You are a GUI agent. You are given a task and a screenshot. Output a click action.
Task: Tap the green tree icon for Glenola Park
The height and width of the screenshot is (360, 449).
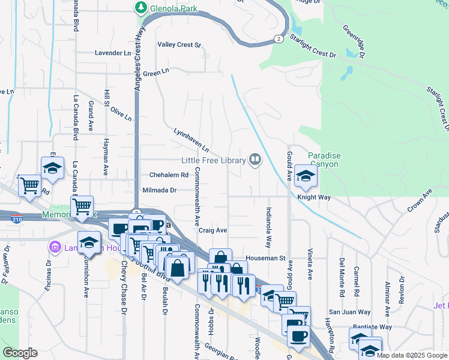click(141, 8)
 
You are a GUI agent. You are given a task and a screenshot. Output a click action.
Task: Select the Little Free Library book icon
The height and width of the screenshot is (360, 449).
click(255, 160)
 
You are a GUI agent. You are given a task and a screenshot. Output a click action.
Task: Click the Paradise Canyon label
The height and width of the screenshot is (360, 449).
click(324, 160)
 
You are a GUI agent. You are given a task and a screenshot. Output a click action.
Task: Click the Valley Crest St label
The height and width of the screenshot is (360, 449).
click(178, 45)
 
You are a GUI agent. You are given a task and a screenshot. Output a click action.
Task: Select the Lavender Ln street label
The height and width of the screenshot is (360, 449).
click(112, 53)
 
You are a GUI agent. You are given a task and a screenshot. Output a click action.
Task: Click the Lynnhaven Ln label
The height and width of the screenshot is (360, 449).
click(191, 139)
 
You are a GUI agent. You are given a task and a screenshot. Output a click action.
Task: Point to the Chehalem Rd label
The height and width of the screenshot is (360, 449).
click(169, 175)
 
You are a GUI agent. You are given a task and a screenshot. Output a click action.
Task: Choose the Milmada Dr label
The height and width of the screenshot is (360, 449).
click(159, 190)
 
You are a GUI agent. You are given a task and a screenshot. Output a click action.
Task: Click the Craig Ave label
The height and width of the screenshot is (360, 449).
click(213, 230)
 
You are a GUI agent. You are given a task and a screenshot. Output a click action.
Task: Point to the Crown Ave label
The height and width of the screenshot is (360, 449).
click(420, 201)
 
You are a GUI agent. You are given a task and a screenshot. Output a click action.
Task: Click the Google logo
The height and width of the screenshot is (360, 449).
click(20, 353)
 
